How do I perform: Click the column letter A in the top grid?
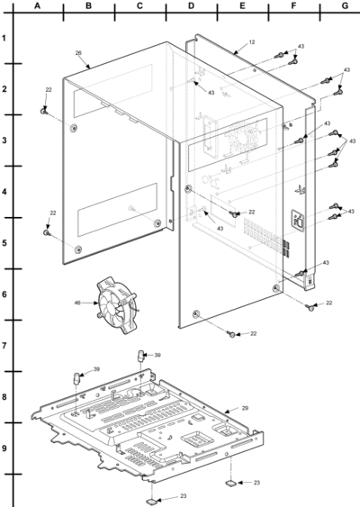pos(38,5)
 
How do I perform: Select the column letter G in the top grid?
pos(345,5)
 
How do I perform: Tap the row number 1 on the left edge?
pos(4,38)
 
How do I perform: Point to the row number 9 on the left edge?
pos(4,448)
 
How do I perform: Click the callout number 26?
pos(78,53)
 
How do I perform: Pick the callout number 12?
pos(252,42)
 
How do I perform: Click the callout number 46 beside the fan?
pos(77,303)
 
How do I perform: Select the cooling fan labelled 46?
pos(117,305)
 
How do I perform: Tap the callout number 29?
pos(246,408)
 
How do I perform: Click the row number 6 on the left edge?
pos(4,294)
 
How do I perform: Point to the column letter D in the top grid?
pos(192,5)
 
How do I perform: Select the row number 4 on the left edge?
pos(4,192)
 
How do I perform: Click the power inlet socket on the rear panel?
pos(298,220)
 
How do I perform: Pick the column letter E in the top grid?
pos(242,5)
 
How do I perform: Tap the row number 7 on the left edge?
pos(4,346)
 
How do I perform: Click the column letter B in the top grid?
pos(88,5)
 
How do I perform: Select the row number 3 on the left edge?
pos(4,140)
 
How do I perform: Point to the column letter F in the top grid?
pos(293,5)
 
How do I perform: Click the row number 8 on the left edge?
pos(4,397)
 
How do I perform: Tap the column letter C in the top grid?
pos(139,5)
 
